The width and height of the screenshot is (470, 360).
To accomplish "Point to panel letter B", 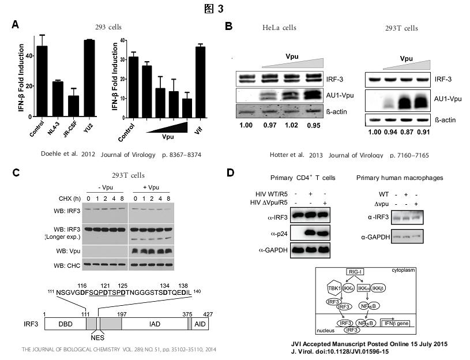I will tap(228, 27).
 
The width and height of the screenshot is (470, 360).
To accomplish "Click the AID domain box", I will tap(200, 324).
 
